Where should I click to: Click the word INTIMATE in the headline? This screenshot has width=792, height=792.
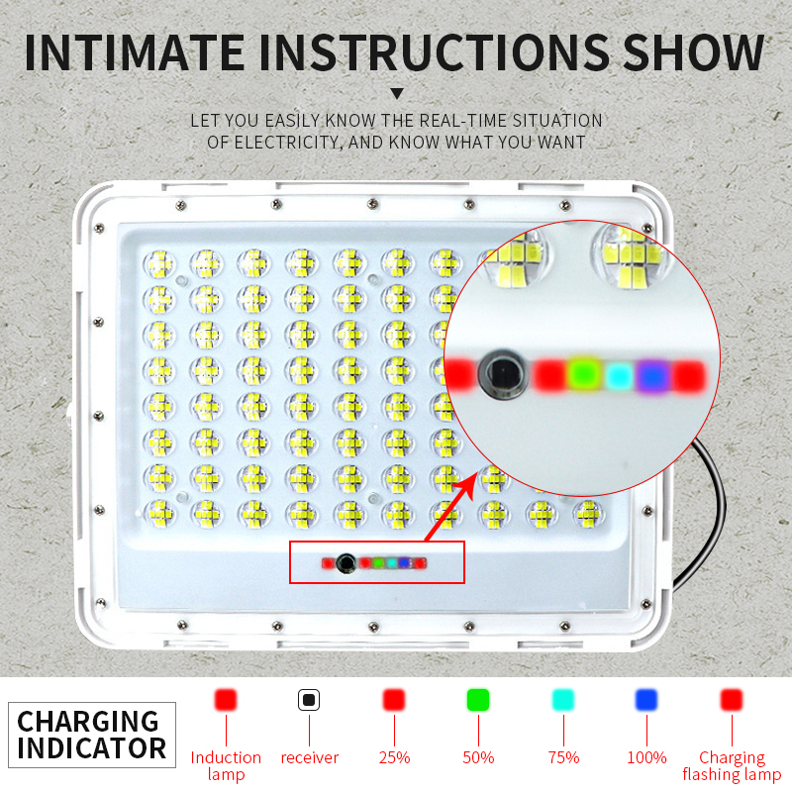[x=136, y=52]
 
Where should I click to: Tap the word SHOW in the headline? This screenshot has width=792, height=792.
[x=693, y=52]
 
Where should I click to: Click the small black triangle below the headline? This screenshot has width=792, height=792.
[x=397, y=93]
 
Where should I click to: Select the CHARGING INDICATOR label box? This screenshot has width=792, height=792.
[x=92, y=735]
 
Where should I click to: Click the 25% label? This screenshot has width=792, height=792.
[x=394, y=757]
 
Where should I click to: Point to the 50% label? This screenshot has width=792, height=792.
[x=478, y=757]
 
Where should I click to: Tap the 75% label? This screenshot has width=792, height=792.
[x=563, y=757]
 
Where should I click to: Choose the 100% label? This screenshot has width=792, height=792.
[x=646, y=757]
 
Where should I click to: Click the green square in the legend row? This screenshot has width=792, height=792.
[x=478, y=700]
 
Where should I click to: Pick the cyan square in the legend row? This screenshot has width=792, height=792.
[x=563, y=700]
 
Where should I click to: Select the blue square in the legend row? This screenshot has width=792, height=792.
[x=646, y=700]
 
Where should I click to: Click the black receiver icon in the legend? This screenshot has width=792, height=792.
[x=309, y=700]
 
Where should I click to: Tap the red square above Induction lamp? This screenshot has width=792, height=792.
[x=226, y=700]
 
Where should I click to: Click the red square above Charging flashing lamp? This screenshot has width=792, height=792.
[x=732, y=700]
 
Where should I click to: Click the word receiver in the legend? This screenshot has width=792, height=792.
[x=310, y=757]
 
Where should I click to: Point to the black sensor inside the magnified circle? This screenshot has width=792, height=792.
[x=503, y=374]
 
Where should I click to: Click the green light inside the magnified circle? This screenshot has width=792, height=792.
[x=584, y=375]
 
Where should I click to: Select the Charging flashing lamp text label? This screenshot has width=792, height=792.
[x=732, y=765]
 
